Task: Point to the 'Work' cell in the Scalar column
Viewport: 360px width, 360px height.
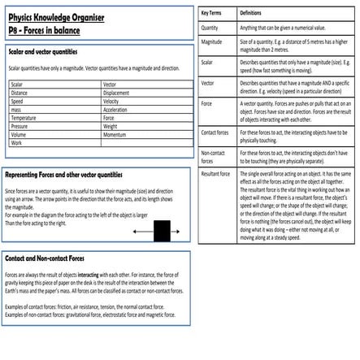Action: [x=16, y=143]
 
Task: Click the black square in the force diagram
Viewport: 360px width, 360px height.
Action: [x=161, y=231]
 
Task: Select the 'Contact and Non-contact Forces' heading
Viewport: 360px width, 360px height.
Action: [x=45, y=258]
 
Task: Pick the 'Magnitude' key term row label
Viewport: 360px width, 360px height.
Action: [x=211, y=41]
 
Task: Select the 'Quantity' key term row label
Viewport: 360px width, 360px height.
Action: [x=210, y=28]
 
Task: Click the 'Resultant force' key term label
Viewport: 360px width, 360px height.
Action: [x=215, y=174]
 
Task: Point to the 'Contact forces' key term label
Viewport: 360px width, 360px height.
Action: [x=215, y=132]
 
